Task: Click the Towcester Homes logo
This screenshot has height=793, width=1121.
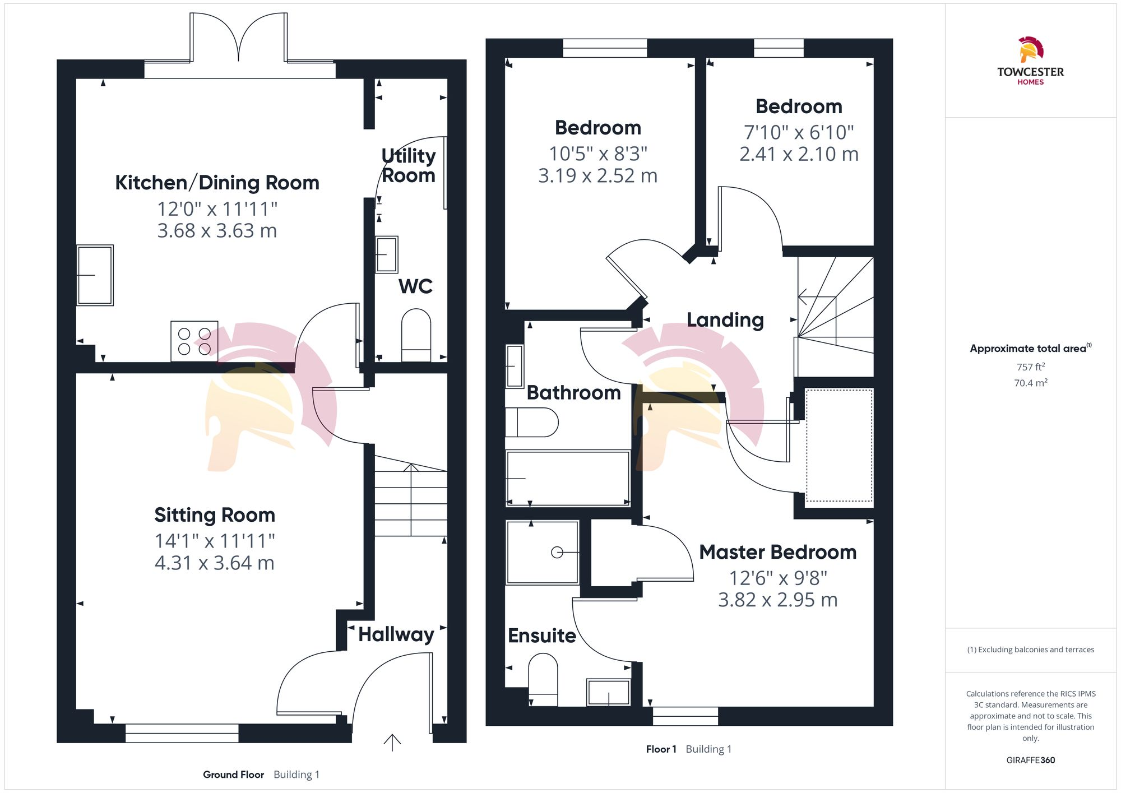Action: [1030, 61]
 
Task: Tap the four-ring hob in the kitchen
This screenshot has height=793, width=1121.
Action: [194, 341]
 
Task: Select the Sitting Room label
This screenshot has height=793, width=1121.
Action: [215, 515]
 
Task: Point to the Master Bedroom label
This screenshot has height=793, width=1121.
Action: [777, 552]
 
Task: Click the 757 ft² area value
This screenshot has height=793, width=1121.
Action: [1030, 367]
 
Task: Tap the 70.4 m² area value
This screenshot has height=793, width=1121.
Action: [1030, 383]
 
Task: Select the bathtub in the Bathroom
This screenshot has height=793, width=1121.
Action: [568, 478]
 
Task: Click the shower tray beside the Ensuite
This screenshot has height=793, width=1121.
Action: [542, 553]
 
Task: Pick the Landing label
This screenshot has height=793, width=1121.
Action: [725, 320]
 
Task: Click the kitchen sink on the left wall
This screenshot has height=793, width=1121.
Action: [95, 275]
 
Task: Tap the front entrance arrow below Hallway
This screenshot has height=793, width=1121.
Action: [392, 743]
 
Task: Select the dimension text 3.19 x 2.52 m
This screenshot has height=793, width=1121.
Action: [597, 176]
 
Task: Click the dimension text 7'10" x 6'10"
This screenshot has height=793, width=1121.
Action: [799, 133]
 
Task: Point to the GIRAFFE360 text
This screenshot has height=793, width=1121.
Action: [1030, 760]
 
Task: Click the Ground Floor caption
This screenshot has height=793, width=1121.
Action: [233, 775]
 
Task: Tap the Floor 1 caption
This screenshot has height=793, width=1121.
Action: [661, 749]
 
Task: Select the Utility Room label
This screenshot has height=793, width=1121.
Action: [409, 165]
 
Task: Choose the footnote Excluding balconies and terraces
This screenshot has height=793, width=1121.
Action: [1030, 650]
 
